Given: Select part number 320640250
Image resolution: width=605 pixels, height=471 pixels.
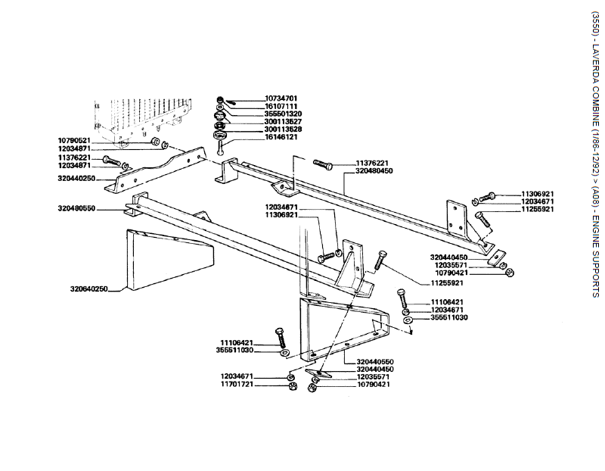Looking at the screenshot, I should [x=89, y=289].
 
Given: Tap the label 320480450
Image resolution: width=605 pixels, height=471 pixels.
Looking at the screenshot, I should [x=374, y=171].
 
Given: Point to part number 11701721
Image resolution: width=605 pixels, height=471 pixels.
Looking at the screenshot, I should [x=237, y=385].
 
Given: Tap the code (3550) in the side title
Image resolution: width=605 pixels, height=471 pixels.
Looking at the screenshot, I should [x=595, y=23].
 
